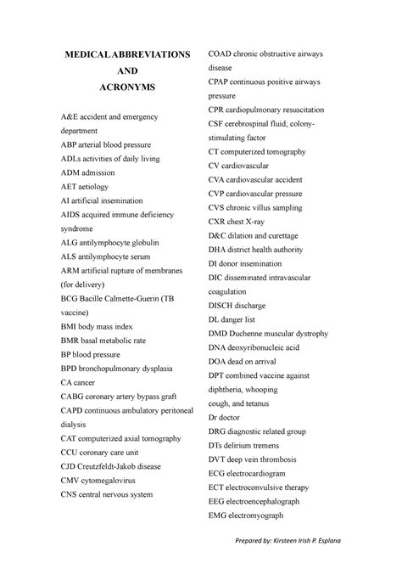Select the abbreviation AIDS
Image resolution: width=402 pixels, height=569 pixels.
point(71,216)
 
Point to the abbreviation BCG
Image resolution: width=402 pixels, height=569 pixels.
point(70,298)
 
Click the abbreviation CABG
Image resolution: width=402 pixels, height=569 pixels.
point(73,396)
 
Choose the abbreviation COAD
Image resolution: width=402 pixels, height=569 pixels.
point(221,54)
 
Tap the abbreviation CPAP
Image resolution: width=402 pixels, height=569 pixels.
point(221,82)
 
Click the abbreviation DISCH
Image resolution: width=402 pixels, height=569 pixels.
point(223,305)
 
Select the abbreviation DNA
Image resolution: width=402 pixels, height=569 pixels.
point(219,346)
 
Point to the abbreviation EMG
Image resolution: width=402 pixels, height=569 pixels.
point(220,514)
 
